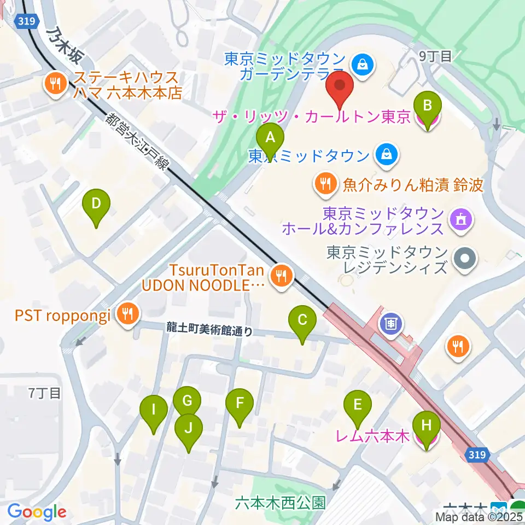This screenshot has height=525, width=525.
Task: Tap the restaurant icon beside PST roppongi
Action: pos(128,314)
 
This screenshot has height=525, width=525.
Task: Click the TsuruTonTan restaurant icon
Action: pos(281,275)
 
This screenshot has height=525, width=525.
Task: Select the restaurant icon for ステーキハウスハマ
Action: pos(56,84)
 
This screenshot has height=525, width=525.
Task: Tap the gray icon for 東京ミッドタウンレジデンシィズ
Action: pos(465,259)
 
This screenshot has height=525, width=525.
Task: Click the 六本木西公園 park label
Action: pos(280,501)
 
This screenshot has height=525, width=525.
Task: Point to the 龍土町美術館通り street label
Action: pos(210,329)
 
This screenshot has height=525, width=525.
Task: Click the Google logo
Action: pos(36,512)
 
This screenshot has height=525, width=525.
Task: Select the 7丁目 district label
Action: pos(44,392)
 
